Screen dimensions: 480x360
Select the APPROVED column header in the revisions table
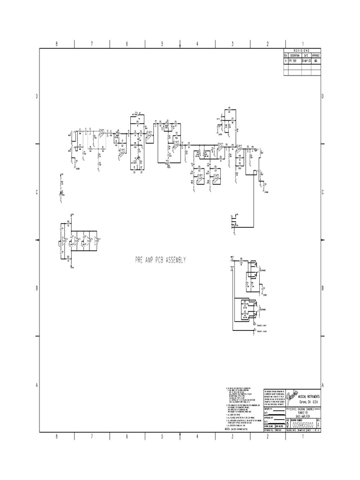[x=317, y=55]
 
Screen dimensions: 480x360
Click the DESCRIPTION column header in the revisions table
[x=295, y=55]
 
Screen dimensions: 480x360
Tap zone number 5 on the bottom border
[x=162, y=437]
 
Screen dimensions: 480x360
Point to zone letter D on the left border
[x=37, y=96]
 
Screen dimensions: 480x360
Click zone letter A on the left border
[x=37, y=385]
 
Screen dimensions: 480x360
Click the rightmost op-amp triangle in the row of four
[x=96, y=241]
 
